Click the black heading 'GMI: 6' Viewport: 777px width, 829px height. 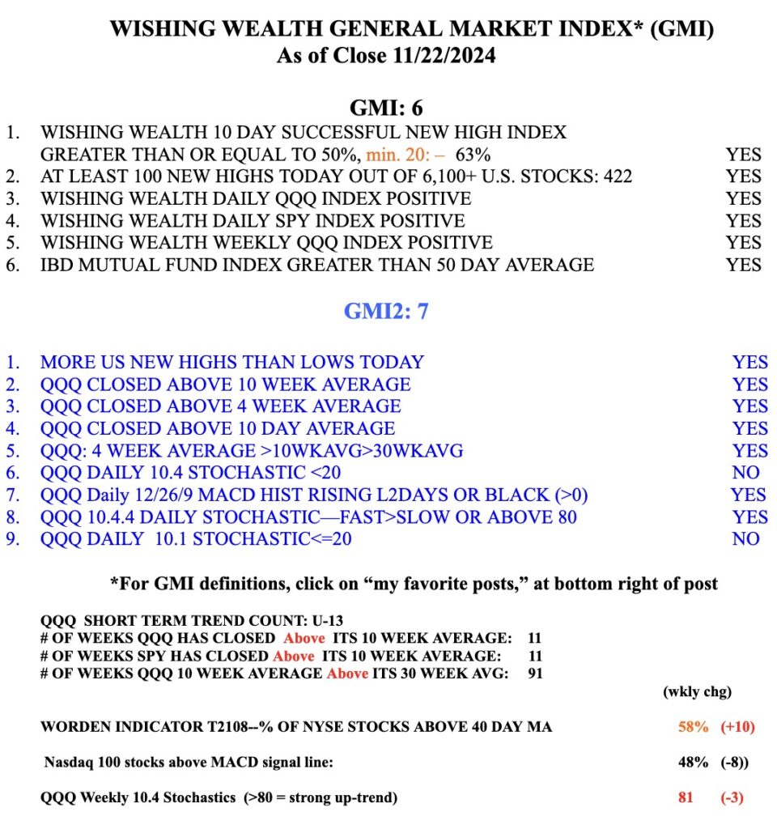[385, 108]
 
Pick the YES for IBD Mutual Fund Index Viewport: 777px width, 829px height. [743, 264]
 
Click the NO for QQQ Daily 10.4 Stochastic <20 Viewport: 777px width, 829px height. [745, 472]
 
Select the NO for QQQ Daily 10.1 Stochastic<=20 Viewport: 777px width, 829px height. [745, 538]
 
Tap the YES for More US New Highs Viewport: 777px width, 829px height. [749, 362]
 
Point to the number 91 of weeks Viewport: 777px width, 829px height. [534, 673]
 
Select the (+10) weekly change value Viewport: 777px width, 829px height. [737, 727]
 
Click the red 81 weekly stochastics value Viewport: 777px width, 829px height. [686, 797]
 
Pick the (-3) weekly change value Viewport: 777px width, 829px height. [732, 797]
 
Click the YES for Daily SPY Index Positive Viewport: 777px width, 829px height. [743, 220]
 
